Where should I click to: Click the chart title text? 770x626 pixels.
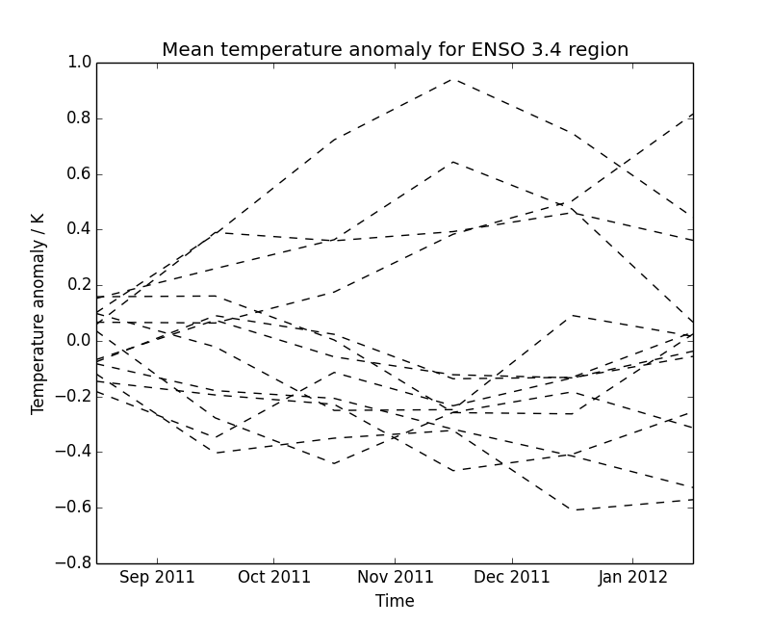tap(395, 49)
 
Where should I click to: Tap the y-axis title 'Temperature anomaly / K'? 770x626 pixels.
tap(38, 313)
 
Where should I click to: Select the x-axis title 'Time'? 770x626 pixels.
tap(395, 601)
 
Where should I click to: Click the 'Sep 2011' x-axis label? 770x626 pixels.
tap(157, 578)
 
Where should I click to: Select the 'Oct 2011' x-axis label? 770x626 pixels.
tap(273, 578)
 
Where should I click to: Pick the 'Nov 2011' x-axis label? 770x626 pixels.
tap(394, 578)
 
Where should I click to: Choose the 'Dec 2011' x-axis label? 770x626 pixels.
tap(511, 578)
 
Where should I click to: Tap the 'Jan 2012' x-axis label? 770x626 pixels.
tap(631, 578)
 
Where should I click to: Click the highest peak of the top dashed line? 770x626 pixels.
tap(453, 79)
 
